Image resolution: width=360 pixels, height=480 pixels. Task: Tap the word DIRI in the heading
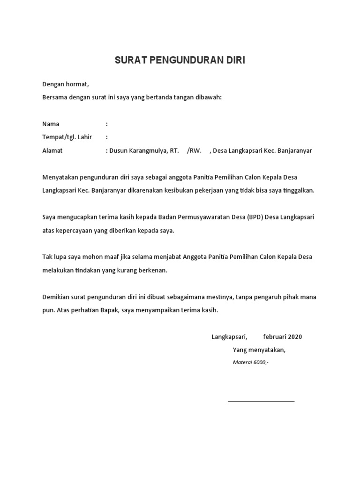point(236,60)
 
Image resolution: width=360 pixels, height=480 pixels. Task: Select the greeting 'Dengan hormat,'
point(65,84)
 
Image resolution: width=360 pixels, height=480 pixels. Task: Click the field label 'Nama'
point(51,124)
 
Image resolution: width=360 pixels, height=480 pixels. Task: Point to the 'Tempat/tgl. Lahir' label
point(67,137)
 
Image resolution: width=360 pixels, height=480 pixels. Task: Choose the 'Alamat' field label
point(52,150)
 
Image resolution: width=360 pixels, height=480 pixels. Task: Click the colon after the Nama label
point(107,124)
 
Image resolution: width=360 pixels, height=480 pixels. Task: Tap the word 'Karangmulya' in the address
point(147,150)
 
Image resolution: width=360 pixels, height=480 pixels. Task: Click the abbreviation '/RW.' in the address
point(194,150)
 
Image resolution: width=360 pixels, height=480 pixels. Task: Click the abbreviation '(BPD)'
point(254,217)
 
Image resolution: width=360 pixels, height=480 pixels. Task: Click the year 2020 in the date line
point(295,337)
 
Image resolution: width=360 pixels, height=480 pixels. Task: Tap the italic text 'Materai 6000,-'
point(251,363)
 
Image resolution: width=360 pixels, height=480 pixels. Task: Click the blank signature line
point(261,401)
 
